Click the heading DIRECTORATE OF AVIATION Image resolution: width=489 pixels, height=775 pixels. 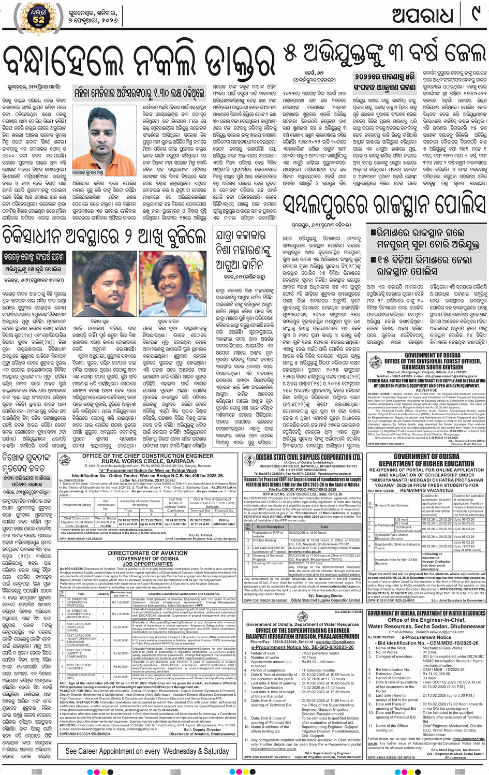[x=147, y=553]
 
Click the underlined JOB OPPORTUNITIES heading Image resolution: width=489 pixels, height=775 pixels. [x=147, y=564]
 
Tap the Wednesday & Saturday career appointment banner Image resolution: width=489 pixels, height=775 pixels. [x=147, y=751]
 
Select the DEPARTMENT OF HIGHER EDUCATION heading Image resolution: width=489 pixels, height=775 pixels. [x=426, y=463]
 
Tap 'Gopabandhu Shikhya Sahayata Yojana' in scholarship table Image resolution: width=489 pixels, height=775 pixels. [x=397, y=546]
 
